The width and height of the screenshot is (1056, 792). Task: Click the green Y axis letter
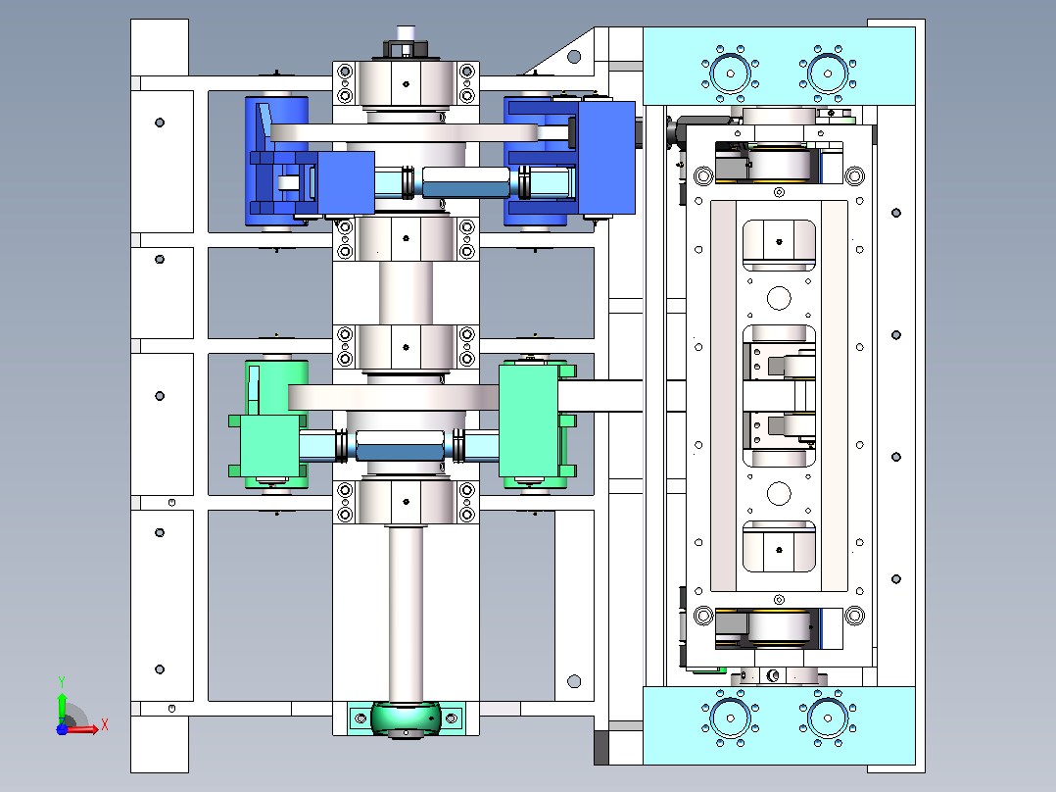[62, 681]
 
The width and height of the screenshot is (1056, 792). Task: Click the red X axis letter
[105, 725]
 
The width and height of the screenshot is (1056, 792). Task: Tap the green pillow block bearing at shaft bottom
[406, 718]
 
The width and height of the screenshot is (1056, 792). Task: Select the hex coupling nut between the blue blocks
[465, 182]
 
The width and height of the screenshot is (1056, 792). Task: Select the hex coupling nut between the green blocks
[399, 445]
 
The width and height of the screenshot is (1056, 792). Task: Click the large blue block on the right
[606, 158]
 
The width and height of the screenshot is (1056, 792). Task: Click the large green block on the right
[529, 421]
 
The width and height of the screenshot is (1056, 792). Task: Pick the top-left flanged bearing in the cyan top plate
[730, 74]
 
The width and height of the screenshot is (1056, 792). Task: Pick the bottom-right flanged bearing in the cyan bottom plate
[828, 718]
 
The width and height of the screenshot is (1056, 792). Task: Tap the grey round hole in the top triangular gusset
[574, 57]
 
